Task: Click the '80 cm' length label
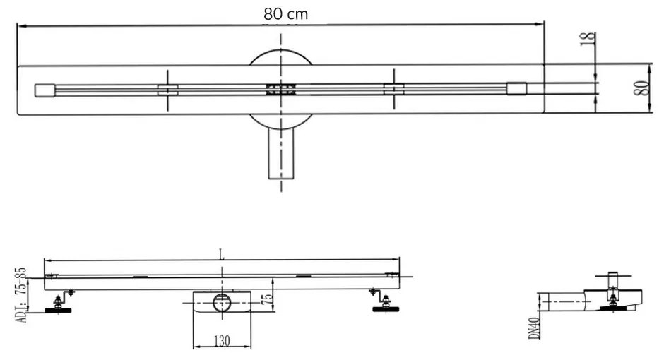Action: [x=286, y=13]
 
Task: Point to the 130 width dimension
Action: [x=223, y=340]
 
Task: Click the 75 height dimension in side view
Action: [x=267, y=299]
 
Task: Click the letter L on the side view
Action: [x=222, y=255]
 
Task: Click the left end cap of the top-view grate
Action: [x=45, y=90]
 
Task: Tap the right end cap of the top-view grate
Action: [x=516, y=88]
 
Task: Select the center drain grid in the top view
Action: [x=280, y=89]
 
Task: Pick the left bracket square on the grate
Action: [x=167, y=89]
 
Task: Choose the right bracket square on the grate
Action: [x=393, y=88]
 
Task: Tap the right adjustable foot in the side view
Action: [x=385, y=304]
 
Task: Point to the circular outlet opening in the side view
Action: [x=222, y=301]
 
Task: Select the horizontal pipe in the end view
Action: [x=565, y=301]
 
